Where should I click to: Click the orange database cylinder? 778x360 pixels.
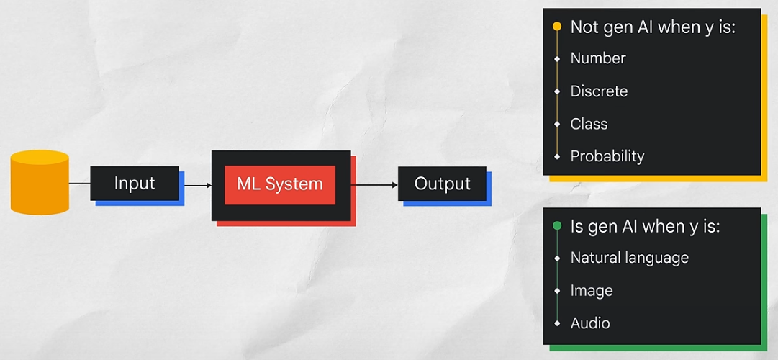point(40,182)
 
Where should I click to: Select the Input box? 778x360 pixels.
point(135,183)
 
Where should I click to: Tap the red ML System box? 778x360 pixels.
point(280,184)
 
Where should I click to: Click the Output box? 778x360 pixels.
point(442,184)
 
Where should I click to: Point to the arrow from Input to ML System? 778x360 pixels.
point(197,185)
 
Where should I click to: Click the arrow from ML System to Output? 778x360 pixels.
point(374,185)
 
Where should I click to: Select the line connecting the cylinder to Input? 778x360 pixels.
point(79,184)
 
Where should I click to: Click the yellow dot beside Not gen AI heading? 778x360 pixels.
point(556,27)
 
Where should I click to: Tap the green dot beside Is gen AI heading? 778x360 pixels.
point(556,226)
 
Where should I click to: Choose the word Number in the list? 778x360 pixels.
point(598,58)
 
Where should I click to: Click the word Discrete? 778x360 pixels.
point(599,91)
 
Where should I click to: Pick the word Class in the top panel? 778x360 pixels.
point(589,124)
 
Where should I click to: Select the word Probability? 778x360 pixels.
point(607,156)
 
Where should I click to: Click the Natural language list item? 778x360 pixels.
point(630,258)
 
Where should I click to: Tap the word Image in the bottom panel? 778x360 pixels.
point(592,291)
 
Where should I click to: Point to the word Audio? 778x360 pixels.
point(590,323)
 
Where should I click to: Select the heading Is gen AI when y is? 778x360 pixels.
point(645,226)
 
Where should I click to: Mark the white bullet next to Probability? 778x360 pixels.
point(557,156)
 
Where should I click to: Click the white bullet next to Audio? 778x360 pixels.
point(557,323)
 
